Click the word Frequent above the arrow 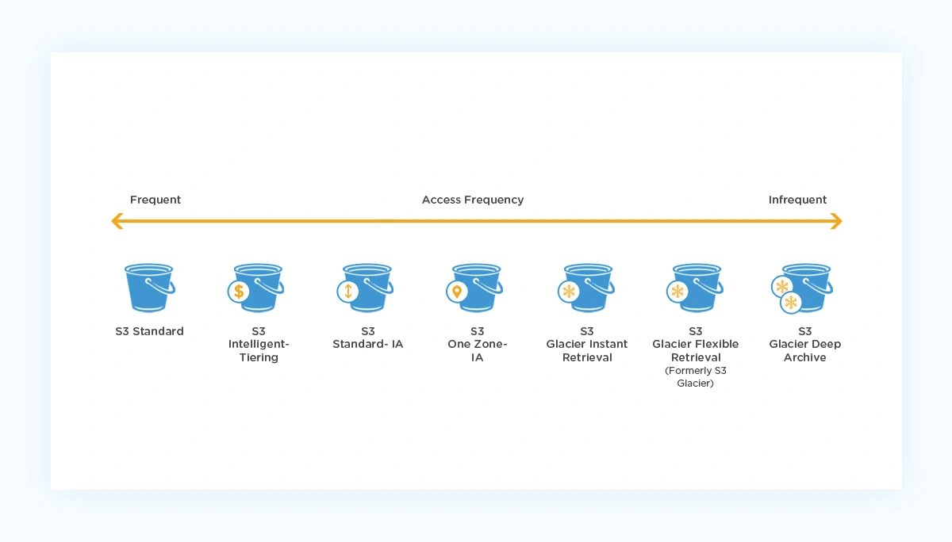pos(155,200)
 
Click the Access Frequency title pos(473,200)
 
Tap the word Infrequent pos(797,200)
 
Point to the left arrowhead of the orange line pos(117,221)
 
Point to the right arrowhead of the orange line pos(836,221)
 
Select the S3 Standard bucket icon pos(149,288)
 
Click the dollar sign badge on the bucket pos(238,292)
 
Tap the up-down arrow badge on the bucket pos(347,292)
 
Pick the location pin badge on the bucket pos(457,292)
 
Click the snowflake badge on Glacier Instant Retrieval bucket pos(569,292)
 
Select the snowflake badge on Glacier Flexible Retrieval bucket pos(678,292)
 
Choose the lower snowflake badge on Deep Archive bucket pos(791,303)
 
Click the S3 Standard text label pos(149,331)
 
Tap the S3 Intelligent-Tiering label pos(259,345)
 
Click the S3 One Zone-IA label pos(477,345)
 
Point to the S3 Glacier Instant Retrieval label pos(587,345)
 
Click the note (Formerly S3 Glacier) pos(696,377)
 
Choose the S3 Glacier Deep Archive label pos(805,345)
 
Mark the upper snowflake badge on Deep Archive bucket pos(782,286)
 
